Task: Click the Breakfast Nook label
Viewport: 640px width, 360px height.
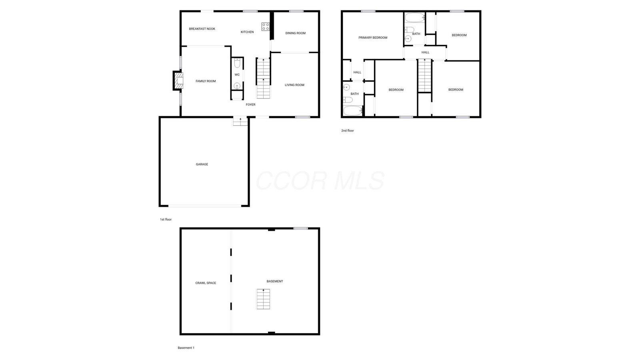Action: (202, 29)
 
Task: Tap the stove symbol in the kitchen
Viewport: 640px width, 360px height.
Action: (266, 27)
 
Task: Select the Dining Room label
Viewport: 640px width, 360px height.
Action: (296, 33)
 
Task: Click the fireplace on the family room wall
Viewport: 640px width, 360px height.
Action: (178, 80)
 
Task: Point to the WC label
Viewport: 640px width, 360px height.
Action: (237, 75)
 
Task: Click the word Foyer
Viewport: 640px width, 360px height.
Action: (250, 104)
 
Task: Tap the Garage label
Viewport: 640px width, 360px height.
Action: (202, 164)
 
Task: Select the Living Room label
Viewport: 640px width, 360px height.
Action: (294, 85)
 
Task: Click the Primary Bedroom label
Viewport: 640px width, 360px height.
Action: (373, 38)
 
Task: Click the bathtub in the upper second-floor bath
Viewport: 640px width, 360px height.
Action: (415, 18)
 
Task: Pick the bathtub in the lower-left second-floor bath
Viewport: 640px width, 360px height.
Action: (353, 110)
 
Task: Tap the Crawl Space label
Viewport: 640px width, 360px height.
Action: (206, 283)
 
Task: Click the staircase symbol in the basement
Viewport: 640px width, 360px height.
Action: (263, 299)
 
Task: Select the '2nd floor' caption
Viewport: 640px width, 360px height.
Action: (348, 130)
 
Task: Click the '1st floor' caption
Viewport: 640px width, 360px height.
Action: (166, 220)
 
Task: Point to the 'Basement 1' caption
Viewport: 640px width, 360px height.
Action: (186, 348)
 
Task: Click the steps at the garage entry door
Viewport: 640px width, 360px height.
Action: (240, 122)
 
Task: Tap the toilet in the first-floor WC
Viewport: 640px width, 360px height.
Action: (237, 63)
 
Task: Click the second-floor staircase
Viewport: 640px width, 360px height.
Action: (424, 76)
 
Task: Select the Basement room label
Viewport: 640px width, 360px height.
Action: (275, 282)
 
